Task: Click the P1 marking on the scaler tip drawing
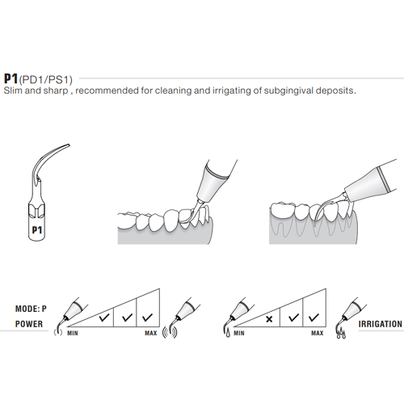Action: [36, 229]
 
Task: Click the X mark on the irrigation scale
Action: [266, 318]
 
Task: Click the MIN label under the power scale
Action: [72, 332]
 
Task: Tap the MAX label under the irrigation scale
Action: [317, 332]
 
